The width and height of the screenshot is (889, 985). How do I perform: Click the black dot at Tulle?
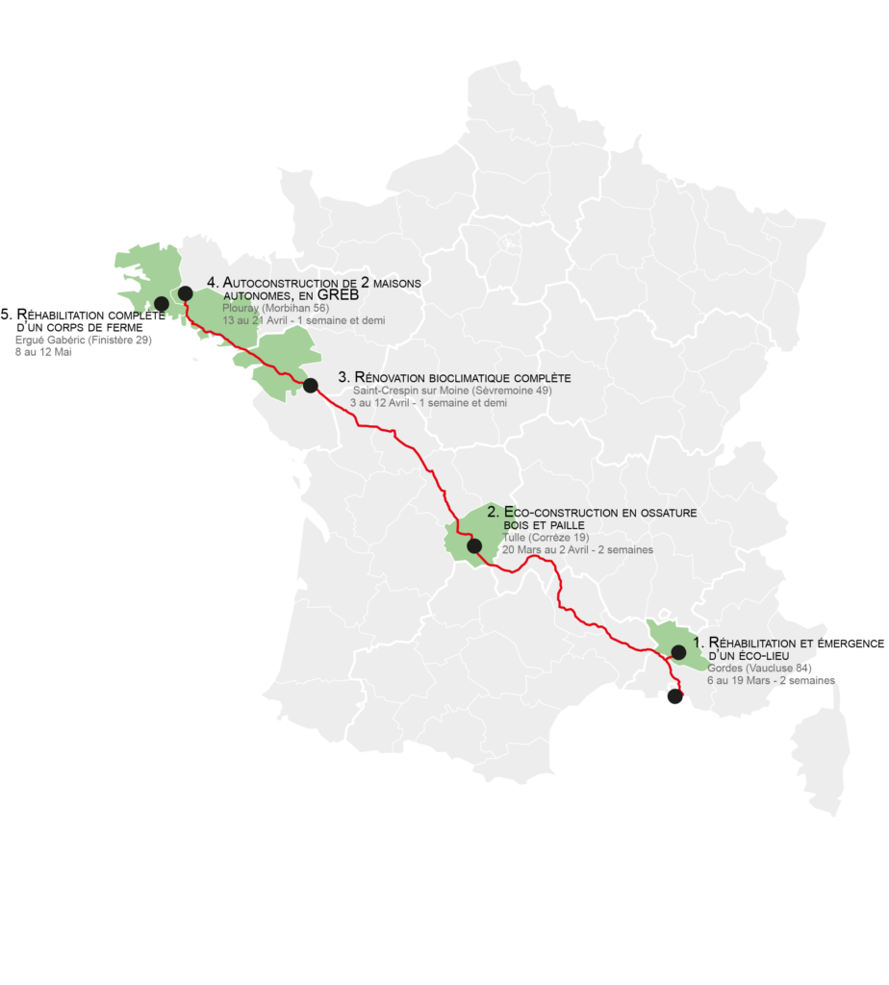(x=474, y=545)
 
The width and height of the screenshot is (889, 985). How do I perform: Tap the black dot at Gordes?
(x=678, y=652)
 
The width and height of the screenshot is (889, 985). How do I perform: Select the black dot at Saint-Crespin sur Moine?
(x=310, y=385)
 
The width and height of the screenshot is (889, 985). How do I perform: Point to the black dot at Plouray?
(x=185, y=293)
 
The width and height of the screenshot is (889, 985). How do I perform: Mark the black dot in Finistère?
(x=161, y=304)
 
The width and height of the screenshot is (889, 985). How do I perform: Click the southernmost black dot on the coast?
(x=674, y=696)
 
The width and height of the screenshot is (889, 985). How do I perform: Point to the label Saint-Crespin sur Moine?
(x=452, y=391)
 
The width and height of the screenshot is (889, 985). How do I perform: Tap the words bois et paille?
(x=545, y=525)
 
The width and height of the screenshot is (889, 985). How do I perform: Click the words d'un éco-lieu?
(x=747, y=655)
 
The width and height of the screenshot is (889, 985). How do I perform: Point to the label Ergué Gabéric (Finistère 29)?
(x=84, y=340)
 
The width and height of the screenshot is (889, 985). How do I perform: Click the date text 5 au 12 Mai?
(x=43, y=352)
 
